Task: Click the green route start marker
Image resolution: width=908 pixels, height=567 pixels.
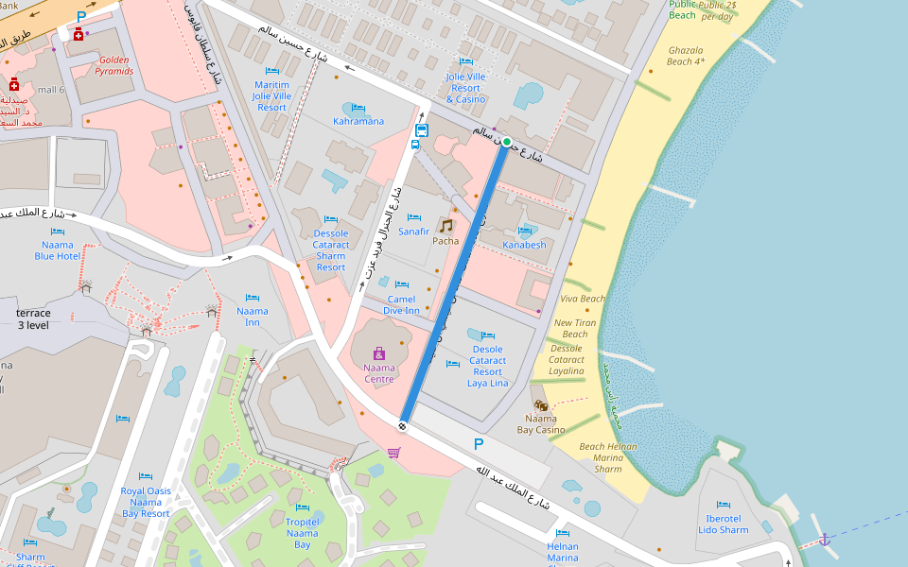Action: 507,142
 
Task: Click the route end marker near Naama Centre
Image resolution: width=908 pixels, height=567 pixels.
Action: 403,425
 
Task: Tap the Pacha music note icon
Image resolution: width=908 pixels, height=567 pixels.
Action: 445,226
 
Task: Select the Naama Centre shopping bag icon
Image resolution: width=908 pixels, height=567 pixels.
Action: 379,353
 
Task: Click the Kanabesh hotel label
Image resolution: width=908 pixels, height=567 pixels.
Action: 524,245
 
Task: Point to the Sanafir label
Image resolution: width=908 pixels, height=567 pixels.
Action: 413,232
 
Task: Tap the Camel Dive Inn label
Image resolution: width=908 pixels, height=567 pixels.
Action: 401,304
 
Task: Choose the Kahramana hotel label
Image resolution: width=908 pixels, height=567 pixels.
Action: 358,121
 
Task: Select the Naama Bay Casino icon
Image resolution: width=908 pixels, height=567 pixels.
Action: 541,404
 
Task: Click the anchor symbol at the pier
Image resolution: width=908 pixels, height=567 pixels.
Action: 824,539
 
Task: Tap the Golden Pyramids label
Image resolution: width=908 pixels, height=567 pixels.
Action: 114,65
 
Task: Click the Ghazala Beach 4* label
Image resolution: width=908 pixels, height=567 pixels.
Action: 687,56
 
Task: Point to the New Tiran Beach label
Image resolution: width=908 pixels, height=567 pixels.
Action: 575,328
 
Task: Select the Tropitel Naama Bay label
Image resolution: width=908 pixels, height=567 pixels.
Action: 302,533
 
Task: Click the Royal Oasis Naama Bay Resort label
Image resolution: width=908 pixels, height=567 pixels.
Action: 146,502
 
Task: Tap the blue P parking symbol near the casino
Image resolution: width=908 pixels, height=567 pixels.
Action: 478,444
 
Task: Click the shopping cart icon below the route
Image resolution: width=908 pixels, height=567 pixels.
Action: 393,453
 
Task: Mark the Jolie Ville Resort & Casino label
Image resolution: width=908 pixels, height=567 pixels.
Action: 465,88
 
